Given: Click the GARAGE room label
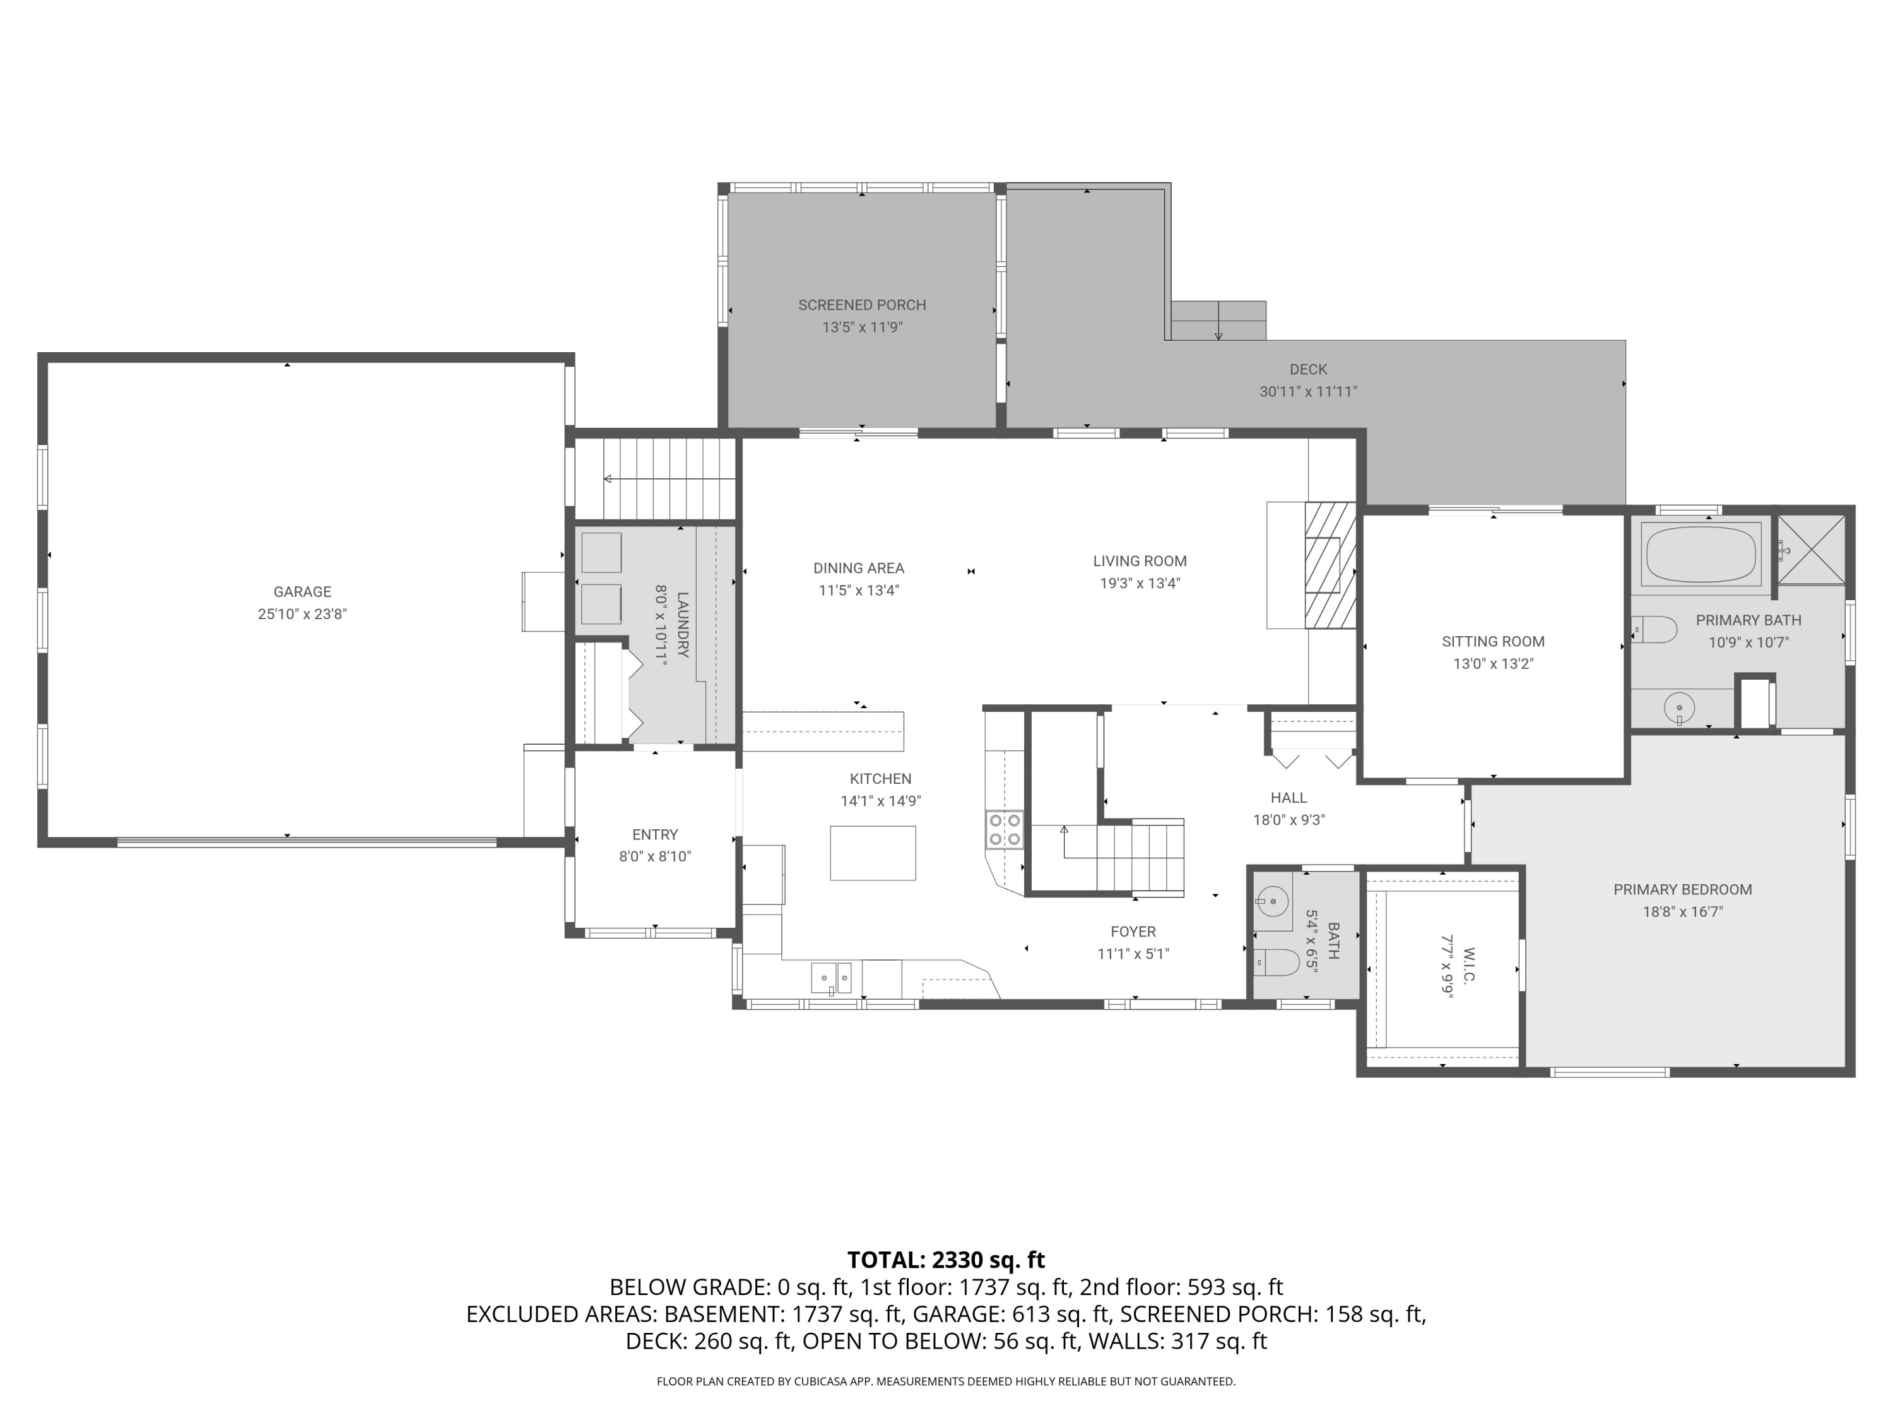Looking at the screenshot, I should coord(302,591).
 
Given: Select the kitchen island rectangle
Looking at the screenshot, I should coord(872,853).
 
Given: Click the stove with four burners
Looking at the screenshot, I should coord(1005,829).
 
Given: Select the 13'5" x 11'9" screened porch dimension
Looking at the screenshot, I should coord(862,327).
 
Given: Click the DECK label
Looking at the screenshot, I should coord(1307,369).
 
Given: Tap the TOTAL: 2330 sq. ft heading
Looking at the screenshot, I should coord(946,1260).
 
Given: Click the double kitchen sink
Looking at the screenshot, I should coord(831,976).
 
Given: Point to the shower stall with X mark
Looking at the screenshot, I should coord(1812,550).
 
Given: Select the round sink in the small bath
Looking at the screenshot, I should coord(1273,901).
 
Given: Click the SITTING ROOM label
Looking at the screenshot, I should coord(1492,641).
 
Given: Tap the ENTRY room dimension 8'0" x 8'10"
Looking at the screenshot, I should coord(655,856).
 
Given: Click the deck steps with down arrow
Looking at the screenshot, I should coord(1218,320).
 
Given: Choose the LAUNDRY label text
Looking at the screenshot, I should coord(682,625).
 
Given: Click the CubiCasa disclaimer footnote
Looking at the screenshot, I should coord(946,1382).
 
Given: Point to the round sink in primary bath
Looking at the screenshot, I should coord(1679,708).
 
